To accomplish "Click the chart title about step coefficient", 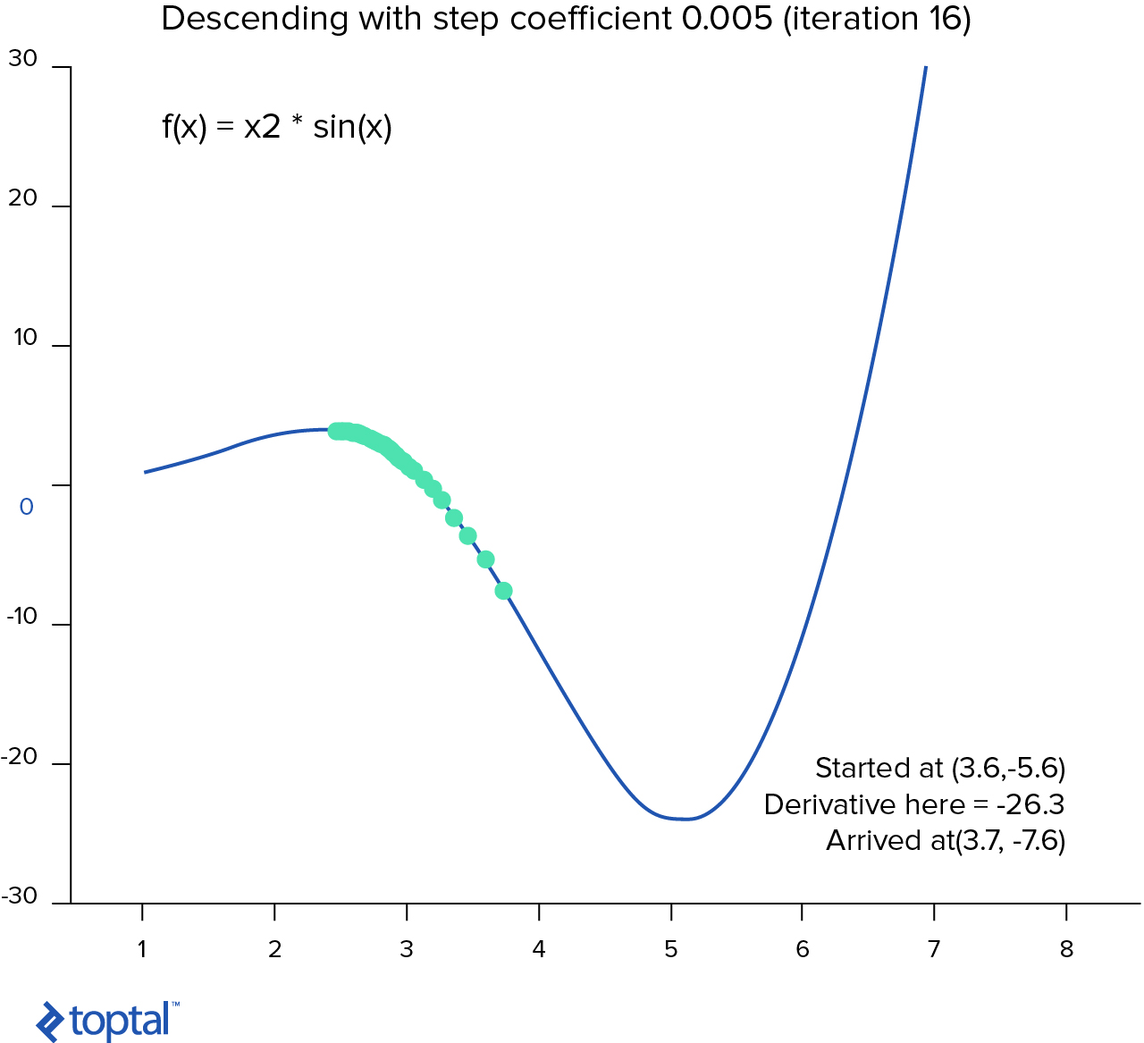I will point(566,19).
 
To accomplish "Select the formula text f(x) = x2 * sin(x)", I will point(277,127).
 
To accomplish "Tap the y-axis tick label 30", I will point(23,59).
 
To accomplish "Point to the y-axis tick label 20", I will point(23,198).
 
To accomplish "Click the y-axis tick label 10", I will point(25,338).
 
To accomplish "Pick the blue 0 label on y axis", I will point(27,507).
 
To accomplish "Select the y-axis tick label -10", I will point(22,617).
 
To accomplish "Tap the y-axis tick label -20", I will point(21,757).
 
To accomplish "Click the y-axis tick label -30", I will point(21,896).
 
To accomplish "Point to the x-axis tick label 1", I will point(142,949).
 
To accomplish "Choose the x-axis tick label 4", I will point(538,949).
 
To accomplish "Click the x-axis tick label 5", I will point(670,949).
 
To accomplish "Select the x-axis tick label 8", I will point(1066,949).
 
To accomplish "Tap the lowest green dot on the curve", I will point(503,591).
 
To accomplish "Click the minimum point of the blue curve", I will point(685,819).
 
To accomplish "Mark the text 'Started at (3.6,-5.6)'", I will point(940,768).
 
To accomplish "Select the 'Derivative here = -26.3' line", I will point(914,804).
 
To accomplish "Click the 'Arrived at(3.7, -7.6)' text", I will point(946,841).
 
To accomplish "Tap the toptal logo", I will point(107,1021).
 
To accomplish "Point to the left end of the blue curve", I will point(146,472).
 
